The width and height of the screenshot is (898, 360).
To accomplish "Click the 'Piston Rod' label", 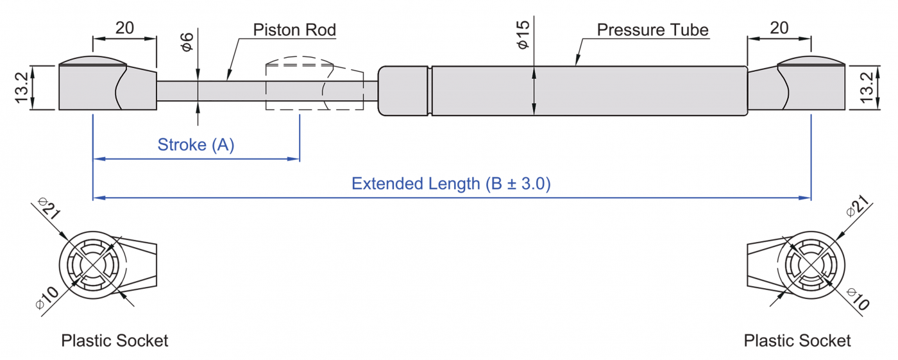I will point(294,30).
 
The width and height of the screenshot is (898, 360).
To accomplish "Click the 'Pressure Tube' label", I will point(652,30).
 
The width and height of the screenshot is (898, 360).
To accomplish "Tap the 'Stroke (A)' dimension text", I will point(196,145).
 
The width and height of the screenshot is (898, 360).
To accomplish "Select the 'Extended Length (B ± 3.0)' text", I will point(452,184).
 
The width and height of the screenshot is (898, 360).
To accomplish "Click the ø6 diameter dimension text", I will point(187,42).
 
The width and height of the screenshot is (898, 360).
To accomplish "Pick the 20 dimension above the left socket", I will point(124,28).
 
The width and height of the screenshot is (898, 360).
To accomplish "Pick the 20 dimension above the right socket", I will point(779,28).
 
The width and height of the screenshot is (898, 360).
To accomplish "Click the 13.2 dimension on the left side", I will point(21,88).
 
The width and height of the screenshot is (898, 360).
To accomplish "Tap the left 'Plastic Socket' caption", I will point(114,340).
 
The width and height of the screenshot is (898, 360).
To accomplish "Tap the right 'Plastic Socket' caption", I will point(797,340).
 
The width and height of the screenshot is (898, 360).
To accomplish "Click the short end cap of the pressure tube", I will point(403,90).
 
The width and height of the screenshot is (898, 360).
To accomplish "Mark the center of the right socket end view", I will point(811,266).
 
